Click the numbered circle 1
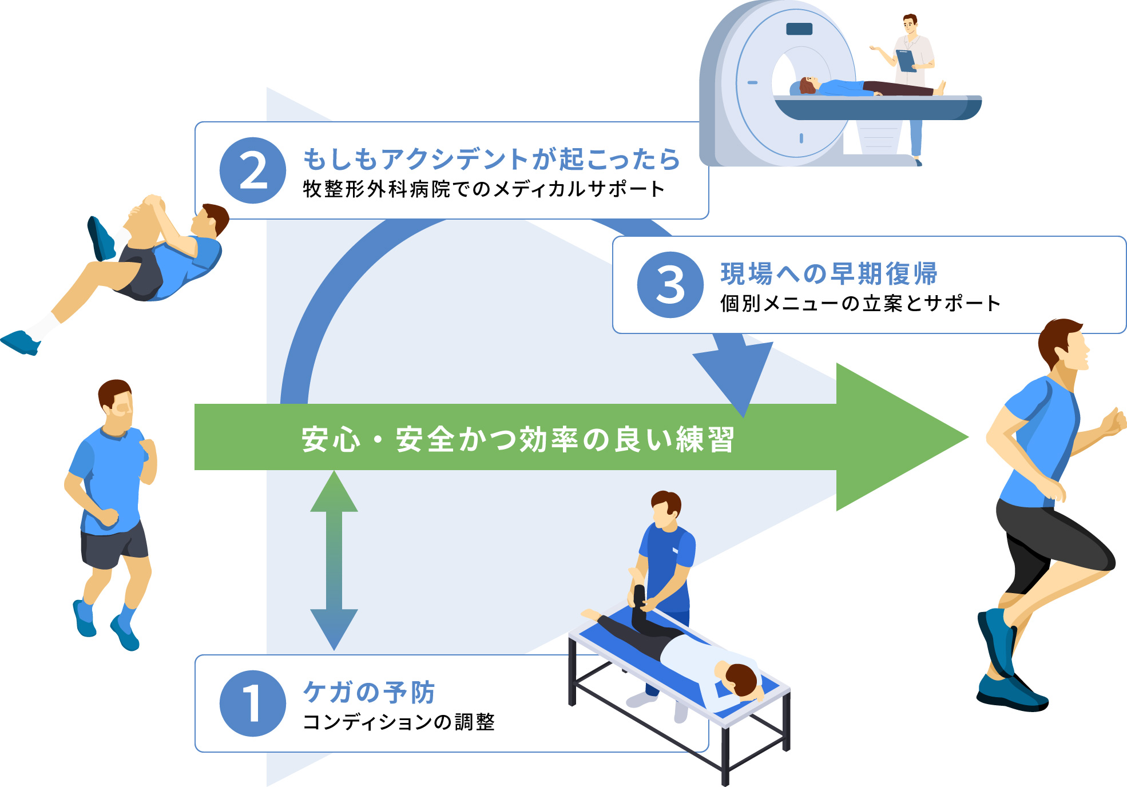coord(252,703)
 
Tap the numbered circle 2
coord(252,170)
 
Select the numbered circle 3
coord(670,285)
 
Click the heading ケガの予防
coord(369,692)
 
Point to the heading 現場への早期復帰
coord(829,273)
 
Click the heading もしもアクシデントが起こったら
coord(491,159)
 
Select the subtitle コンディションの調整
coord(398,722)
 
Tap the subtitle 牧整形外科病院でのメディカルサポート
coord(483,189)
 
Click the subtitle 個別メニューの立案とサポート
coord(860,303)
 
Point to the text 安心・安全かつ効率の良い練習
coord(518,439)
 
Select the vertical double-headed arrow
coord(334,561)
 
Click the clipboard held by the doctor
coord(906,61)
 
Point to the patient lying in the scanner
coord(858,88)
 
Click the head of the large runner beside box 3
coord(1064,343)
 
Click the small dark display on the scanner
coord(799,29)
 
